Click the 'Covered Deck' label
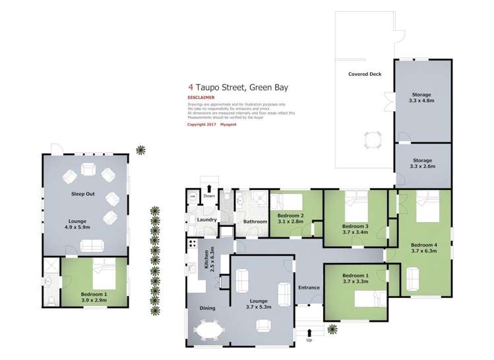tap(365, 74)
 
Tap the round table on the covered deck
tap(372, 138)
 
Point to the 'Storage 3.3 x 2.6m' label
tap(422, 164)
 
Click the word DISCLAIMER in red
tap(202, 98)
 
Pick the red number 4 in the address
tap(191, 86)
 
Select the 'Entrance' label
tap(309, 287)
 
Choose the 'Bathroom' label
tap(255, 222)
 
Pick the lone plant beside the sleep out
tap(140, 150)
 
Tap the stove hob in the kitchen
tap(193, 244)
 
